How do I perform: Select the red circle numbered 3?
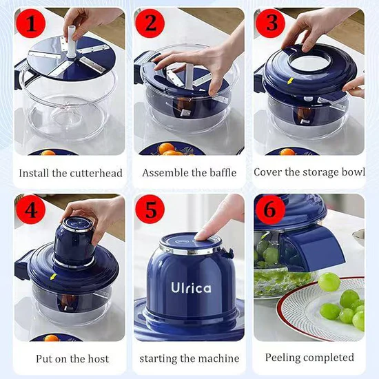pyautogui.click(x=271, y=25)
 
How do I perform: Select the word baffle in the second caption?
pyautogui.click(x=220, y=172)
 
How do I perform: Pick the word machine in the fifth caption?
pyautogui.click(x=217, y=358)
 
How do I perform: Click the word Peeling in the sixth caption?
pyautogui.click(x=284, y=358)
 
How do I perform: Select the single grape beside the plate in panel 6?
pyautogui.click(x=329, y=282)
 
